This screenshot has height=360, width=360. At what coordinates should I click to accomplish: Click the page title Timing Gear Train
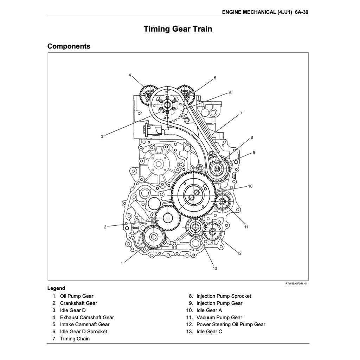[x=178, y=29]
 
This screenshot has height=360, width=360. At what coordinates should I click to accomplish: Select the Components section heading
[x=69, y=46]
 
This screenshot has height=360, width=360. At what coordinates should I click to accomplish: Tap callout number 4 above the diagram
[x=130, y=75]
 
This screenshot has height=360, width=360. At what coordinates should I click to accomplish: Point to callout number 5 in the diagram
[x=215, y=78]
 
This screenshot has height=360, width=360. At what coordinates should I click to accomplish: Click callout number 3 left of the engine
[x=102, y=136]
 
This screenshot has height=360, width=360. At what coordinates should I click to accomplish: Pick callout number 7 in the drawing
[x=241, y=113]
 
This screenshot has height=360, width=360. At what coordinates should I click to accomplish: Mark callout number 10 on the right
[x=250, y=186]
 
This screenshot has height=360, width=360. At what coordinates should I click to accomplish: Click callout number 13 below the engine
[x=215, y=268]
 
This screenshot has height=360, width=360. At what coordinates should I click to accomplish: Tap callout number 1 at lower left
[x=122, y=263]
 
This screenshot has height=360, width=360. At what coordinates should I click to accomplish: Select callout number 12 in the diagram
[x=239, y=253]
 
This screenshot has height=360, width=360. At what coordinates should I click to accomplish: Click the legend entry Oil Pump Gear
[x=77, y=296]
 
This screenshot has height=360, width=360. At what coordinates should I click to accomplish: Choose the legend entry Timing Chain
[x=75, y=339]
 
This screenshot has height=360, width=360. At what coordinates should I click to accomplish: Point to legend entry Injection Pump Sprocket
[x=224, y=296]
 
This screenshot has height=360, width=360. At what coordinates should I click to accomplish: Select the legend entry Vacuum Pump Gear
[x=219, y=317]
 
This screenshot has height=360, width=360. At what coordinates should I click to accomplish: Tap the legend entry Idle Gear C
[x=209, y=332]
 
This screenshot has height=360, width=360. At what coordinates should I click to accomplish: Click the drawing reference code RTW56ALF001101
[x=296, y=283]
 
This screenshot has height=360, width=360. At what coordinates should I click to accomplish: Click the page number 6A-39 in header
[x=302, y=12]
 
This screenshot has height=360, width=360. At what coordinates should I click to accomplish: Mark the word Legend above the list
[x=56, y=288]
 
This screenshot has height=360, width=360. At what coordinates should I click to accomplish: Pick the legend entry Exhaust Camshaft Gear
[x=87, y=317]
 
